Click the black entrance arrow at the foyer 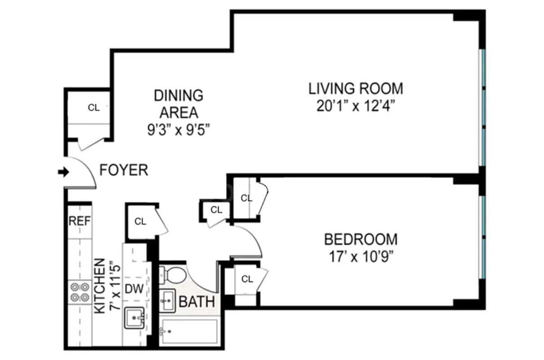pos(63,172)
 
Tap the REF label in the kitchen pos(80,221)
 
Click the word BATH pos(196,302)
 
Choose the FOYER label pos(124,171)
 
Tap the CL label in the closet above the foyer pos(94,108)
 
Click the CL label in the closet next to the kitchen pos(140,221)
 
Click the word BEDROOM pos(361,239)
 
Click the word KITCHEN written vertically pos(100,286)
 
